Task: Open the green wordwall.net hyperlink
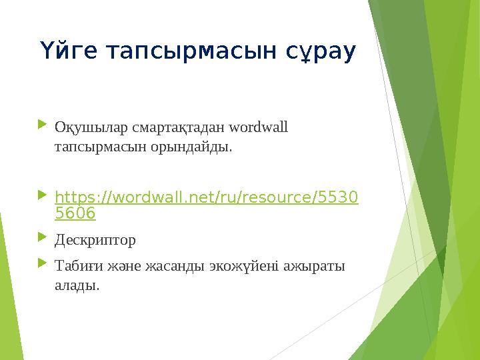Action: click(x=205, y=198)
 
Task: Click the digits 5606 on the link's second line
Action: click(x=75, y=213)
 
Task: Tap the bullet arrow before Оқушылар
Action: click(x=43, y=125)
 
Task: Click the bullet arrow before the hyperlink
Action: click(x=43, y=196)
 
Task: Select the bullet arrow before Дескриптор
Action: click(x=43, y=237)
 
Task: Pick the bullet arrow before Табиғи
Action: click(x=43, y=265)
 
